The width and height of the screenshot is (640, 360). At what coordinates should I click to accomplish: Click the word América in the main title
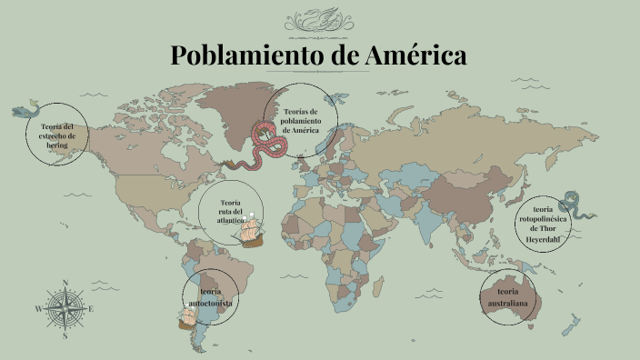point(415,55)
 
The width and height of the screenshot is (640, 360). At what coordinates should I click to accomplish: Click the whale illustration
point(25,110)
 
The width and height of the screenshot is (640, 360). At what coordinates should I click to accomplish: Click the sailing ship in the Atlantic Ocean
point(250,234)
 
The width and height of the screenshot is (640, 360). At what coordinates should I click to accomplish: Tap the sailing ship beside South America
point(187,317)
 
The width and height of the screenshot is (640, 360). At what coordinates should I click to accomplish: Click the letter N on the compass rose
point(65,283)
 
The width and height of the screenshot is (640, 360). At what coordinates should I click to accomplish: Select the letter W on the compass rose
point(38,309)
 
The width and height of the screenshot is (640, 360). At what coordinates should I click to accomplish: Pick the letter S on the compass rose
point(65,335)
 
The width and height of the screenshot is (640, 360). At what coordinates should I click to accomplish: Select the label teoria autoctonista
point(210,296)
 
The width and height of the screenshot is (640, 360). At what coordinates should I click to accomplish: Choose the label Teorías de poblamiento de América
point(301,120)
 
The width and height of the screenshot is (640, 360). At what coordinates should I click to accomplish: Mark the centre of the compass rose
point(65,309)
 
